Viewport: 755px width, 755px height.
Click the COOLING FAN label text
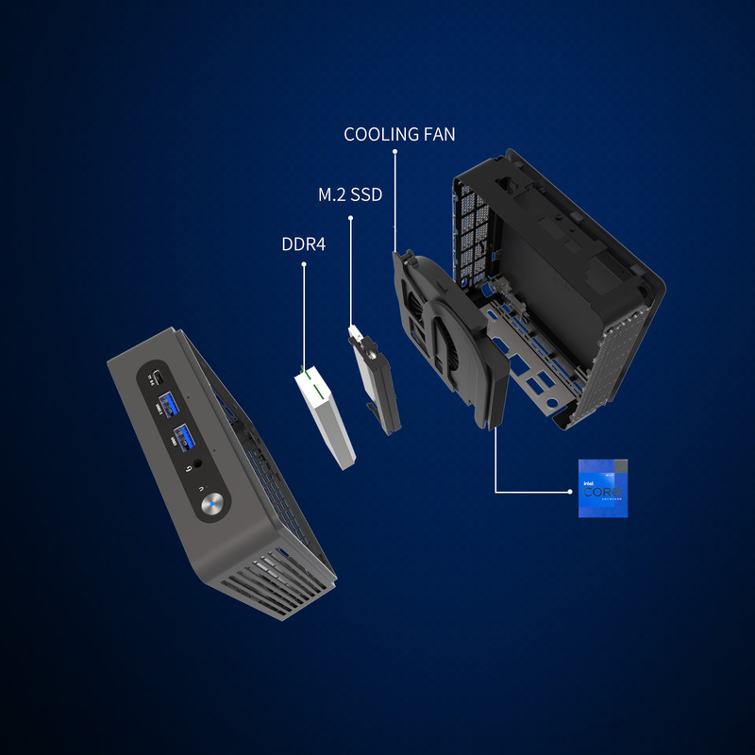coord(399,134)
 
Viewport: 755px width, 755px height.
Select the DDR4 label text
coord(303,244)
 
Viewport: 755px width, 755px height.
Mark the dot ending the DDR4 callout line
coord(303,265)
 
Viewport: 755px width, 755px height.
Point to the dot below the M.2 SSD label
coord(351,219)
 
